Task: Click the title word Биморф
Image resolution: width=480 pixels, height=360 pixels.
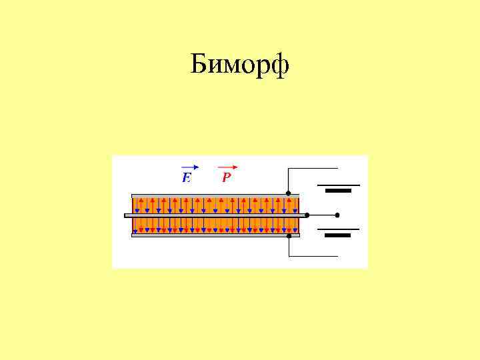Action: click(x=239, y=65)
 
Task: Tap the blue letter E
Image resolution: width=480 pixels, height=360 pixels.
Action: click(x=187, y=177)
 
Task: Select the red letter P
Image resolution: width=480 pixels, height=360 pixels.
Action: click(x=227, y=177)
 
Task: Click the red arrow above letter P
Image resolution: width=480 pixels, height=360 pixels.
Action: click(x=228, y=167)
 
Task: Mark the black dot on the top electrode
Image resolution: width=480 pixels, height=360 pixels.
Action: click(x=288, y=194)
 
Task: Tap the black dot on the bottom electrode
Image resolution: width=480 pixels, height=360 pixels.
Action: click(x=289, y=235)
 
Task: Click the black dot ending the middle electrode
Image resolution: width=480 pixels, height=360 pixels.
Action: click(x=307, y=215)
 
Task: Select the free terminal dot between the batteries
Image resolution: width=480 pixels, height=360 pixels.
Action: click(x=337, y=215)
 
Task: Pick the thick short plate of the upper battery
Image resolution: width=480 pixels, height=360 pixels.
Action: click(x=338, y=191)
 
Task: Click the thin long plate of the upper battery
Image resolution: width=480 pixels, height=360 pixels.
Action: click(x=338, y=185)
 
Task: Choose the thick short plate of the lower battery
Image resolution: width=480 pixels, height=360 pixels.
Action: click(x=338, y=235)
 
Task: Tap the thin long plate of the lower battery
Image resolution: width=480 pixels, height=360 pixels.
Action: click(x=338, y=229)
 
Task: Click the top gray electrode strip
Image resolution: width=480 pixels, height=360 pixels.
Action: click(x=213, y=195)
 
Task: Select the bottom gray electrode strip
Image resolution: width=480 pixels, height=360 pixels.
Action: click(x=213, y=235)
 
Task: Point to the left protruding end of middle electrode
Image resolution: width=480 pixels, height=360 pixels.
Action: click(x=128, y=215)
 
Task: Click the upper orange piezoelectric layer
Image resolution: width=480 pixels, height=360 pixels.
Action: click(x=213, y=205)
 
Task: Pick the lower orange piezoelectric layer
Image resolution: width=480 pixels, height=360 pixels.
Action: click(x=213, y=225)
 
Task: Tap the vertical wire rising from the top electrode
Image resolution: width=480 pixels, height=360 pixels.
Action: click(x=288, y=180)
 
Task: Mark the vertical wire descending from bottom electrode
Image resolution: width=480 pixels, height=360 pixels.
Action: click(x=288, y=247)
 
